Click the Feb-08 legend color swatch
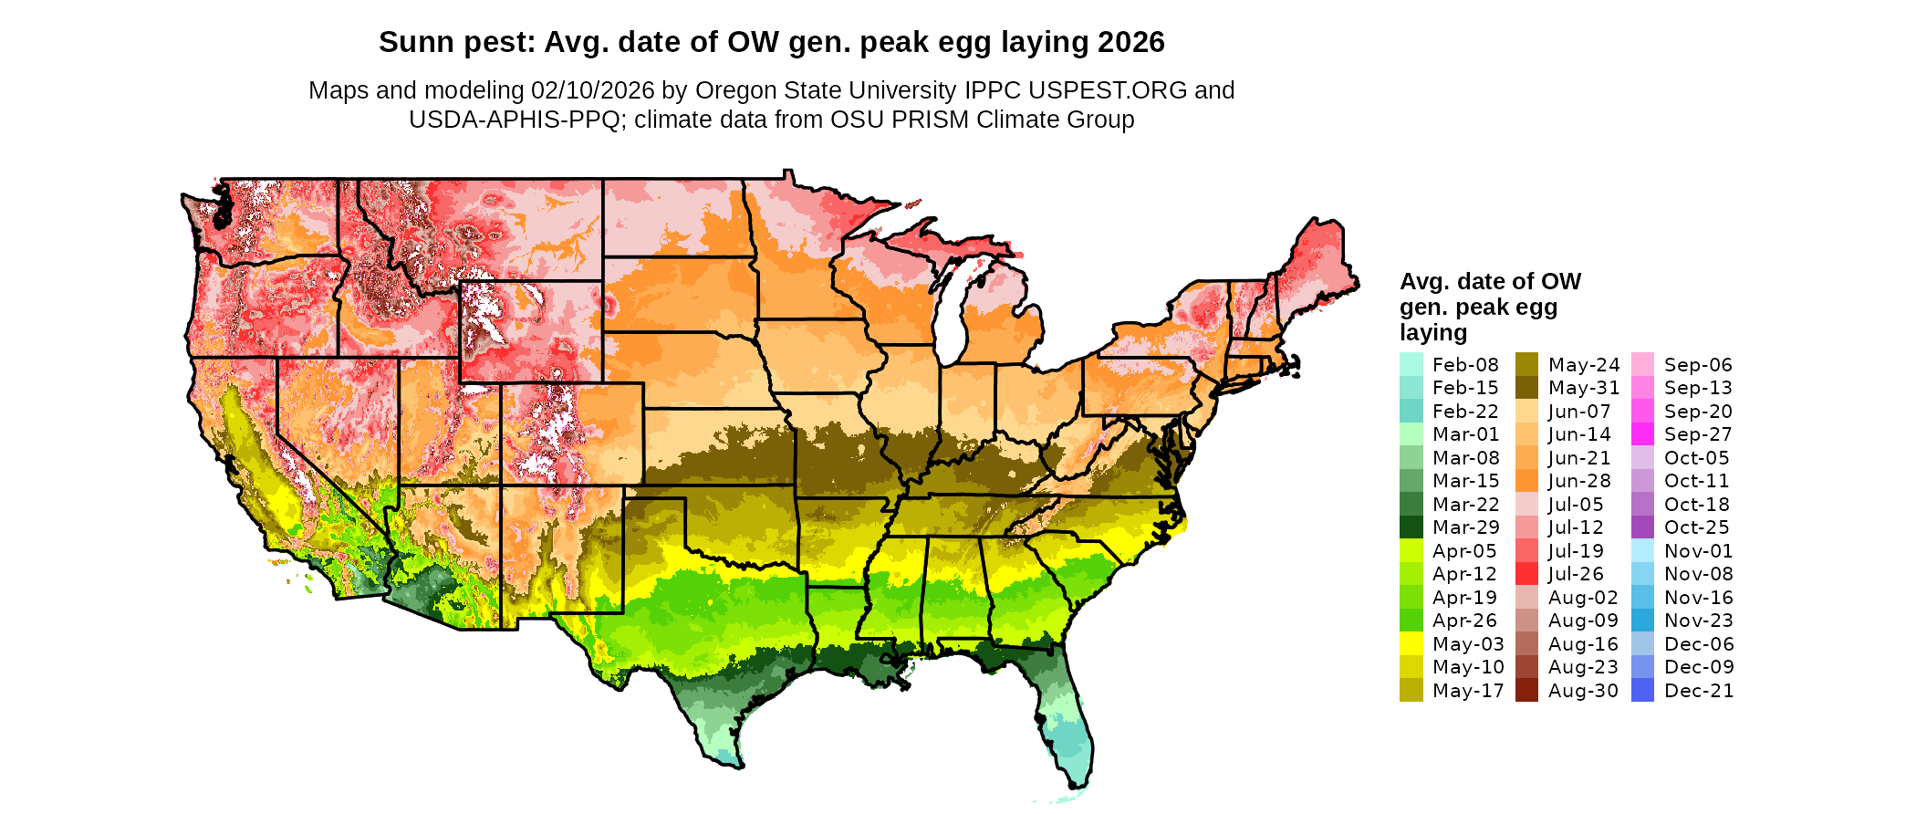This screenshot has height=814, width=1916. (1411, 364)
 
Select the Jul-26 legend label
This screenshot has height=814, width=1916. (1576, 574)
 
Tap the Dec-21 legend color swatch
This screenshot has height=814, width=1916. (1642, 691)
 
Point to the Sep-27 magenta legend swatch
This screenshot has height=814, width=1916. (1642, 434)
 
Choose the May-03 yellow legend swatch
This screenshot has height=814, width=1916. (1411, 644)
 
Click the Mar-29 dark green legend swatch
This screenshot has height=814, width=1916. (1411, 527)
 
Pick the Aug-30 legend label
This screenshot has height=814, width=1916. (1583, 691)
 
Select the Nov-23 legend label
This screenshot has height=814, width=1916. (1698, 621)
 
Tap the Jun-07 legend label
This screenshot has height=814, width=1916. (1579, 412)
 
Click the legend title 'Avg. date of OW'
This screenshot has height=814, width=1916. (1490, 281)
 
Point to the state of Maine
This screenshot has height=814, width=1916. (1314, 265)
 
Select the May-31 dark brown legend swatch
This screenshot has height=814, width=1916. (1526, 388)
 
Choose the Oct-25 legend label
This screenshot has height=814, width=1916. (1696, 527)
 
